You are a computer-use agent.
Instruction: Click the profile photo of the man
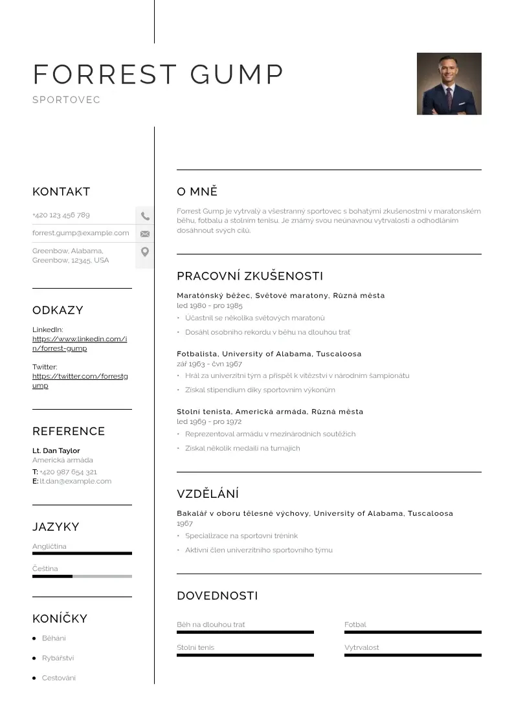pyautogui.click(x=449, y=84)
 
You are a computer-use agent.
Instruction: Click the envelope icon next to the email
pyautogui.click(x=145, y=234)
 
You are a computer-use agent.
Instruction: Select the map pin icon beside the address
pyautogui.click(x=145, y=252)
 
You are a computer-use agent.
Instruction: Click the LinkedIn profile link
pyautogui.click(x=79, y=343)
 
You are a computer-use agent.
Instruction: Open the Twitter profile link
pyautogui.click(x=80, y=381)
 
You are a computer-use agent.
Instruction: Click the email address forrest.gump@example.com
pyautogui.click(x=81, y=233)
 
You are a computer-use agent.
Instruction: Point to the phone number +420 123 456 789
pyautogui.click(x=61, y=215)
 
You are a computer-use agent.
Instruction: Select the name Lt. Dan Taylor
pyautogui.click(x=56, y=451)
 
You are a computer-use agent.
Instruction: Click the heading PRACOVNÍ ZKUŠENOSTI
pyautogui.click(x=249, y=276)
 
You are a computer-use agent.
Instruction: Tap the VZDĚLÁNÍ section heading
pyautogui.click(x=208, y=494)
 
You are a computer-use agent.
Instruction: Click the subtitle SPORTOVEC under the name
pyautogui.click(x=66, y=100)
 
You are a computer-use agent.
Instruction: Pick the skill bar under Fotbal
pyautogui.click(x=412, y=632)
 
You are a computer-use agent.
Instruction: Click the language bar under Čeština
pyautogui.click(x=82, y=576)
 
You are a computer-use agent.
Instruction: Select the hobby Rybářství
pyautogui.click(x=58, y=658)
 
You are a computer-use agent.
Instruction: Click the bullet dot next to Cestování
pyautogui.click(x=34, y=678)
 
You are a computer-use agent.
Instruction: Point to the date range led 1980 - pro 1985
pyautogui.click(x=210, y=306)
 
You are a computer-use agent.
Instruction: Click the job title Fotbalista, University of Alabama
pyautogui.click(x=269, y=354)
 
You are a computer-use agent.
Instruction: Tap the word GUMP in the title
pyautogui.click(x=237, y=74)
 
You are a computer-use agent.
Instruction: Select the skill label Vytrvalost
pyautogui.click(x=362, y=647)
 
